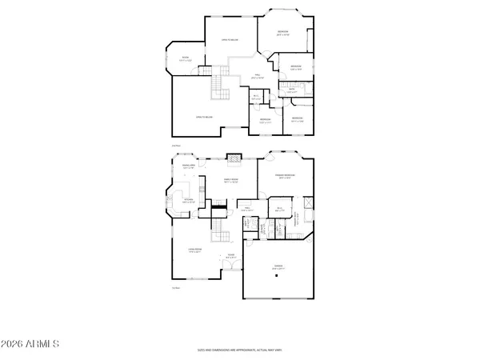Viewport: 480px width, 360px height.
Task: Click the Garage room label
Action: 278,266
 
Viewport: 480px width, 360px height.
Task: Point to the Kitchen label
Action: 189,201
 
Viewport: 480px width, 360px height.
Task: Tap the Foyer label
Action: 230,256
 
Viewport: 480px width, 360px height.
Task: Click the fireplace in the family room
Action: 234,158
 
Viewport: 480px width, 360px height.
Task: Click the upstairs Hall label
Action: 258,77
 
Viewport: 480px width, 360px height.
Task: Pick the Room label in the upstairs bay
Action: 185,58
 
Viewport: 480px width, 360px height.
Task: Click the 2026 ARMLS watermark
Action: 32,344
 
